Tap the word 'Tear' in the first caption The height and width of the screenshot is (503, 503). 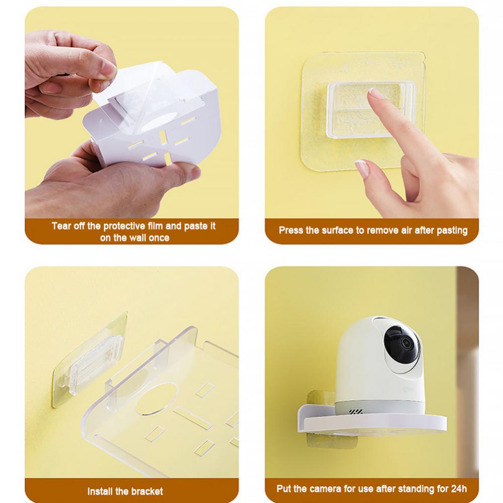pyautogui.click(x=61, y=226)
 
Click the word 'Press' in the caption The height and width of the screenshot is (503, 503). pyautogui.click(x=292, y=230)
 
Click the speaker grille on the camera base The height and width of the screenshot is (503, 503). pyautogui.click(x=356, y=411)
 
